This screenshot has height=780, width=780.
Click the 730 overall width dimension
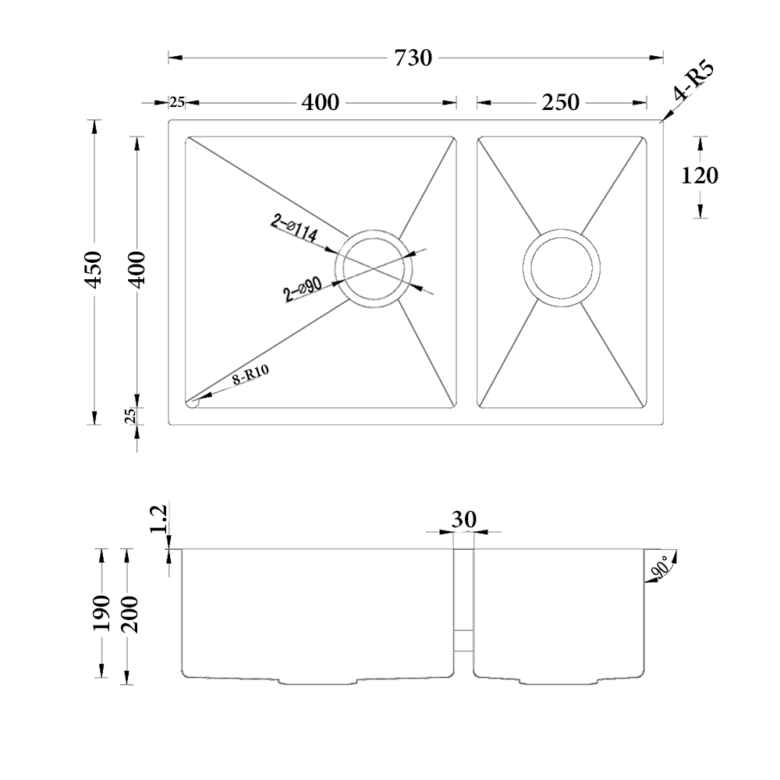pos(413,58)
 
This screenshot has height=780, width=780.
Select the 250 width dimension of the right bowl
pos(562,102)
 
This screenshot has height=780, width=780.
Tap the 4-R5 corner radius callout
pos(693,84)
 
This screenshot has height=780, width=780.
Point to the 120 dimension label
pos(700,176)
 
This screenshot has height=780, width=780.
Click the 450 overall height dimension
pos(94,270)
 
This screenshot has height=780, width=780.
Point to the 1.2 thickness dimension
pos(158,520)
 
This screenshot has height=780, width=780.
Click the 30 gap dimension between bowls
pos(463,519)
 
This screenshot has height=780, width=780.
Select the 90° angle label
pos(660,567)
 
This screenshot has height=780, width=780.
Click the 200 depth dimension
pos(129,616)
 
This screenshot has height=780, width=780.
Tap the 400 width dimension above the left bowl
pos(320,102)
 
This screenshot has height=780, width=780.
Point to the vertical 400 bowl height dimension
pos(138,270)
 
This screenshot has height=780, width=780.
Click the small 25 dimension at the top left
pos(177,102)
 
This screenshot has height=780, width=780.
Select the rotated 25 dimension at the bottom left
pos(132,415)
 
